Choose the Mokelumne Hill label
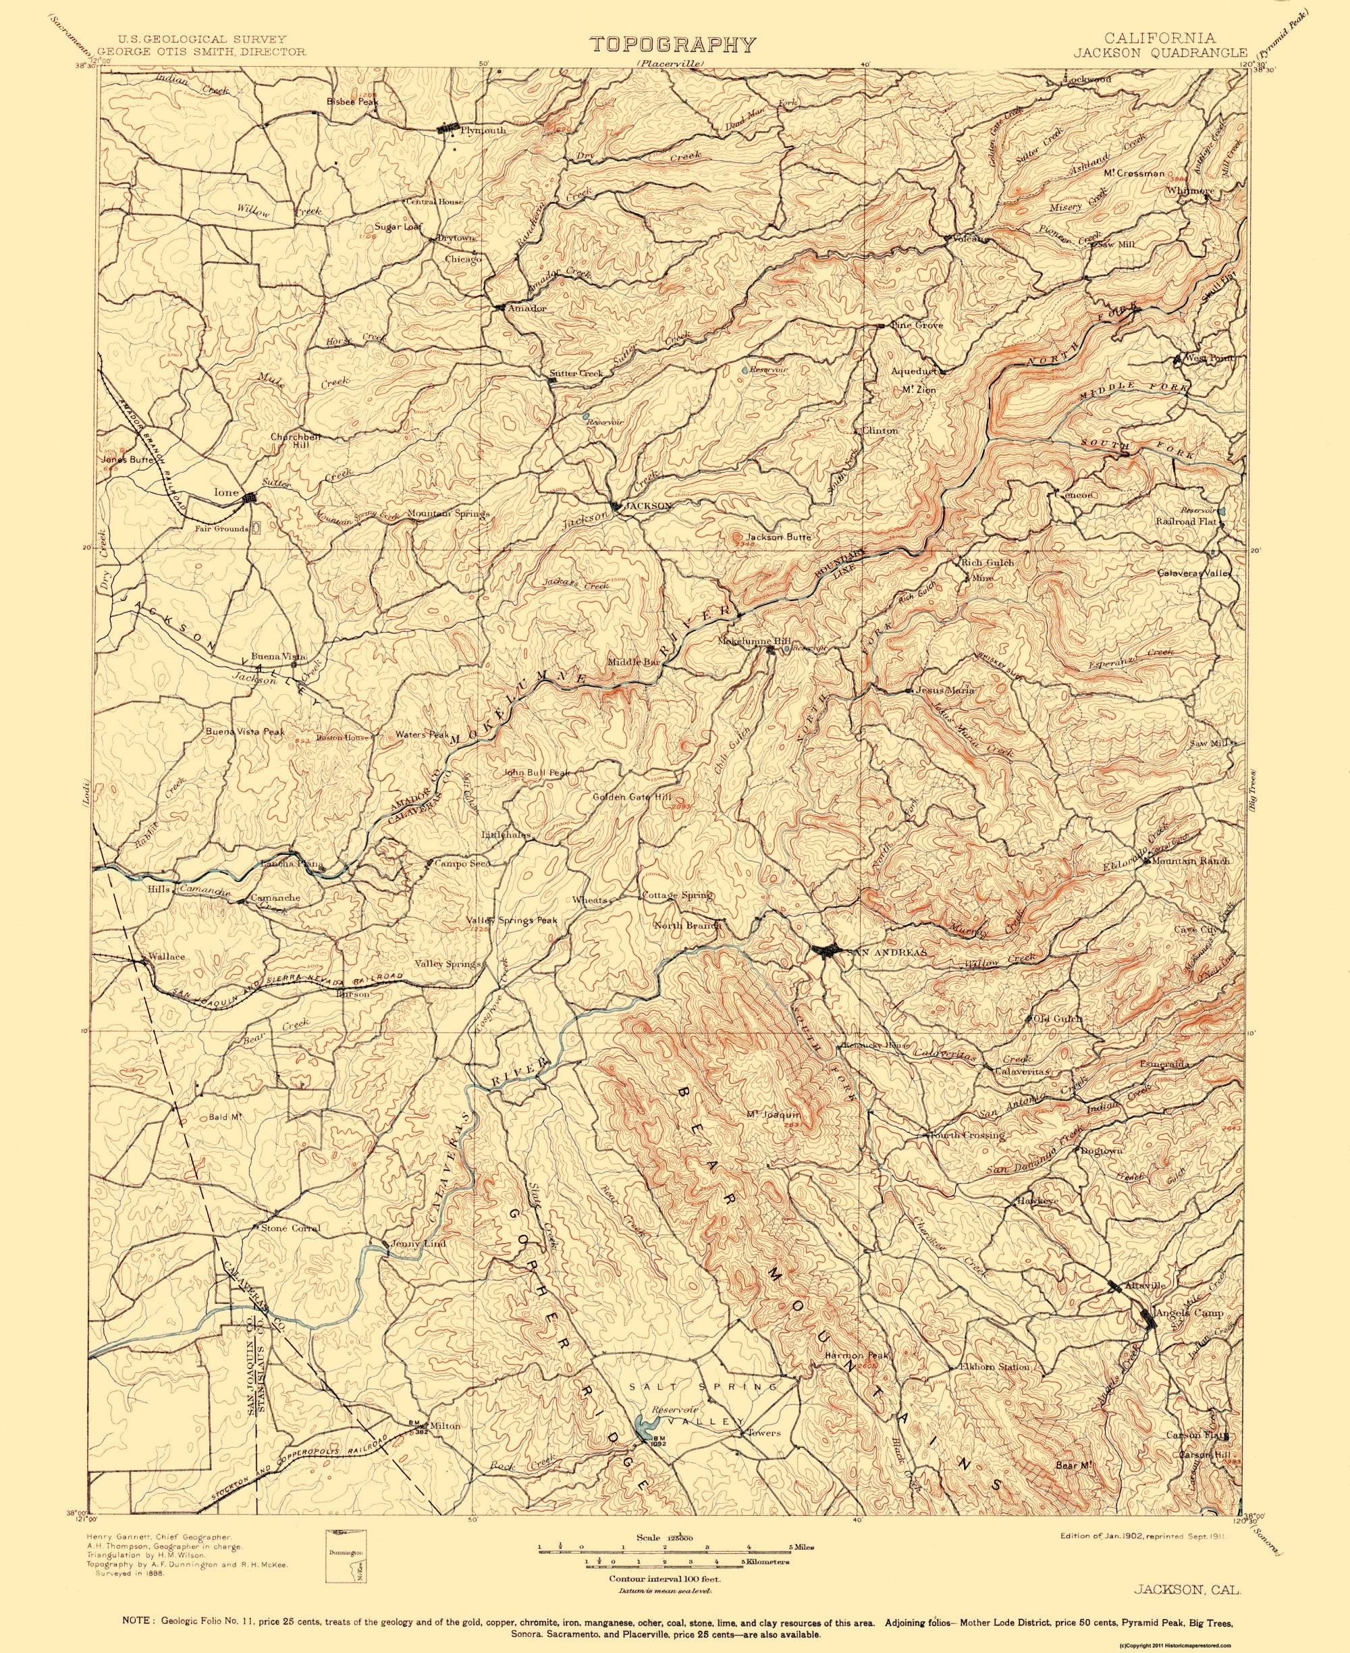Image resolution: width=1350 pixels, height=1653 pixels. pos(742,641)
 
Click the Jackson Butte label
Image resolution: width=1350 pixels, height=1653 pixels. pos(778,537)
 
